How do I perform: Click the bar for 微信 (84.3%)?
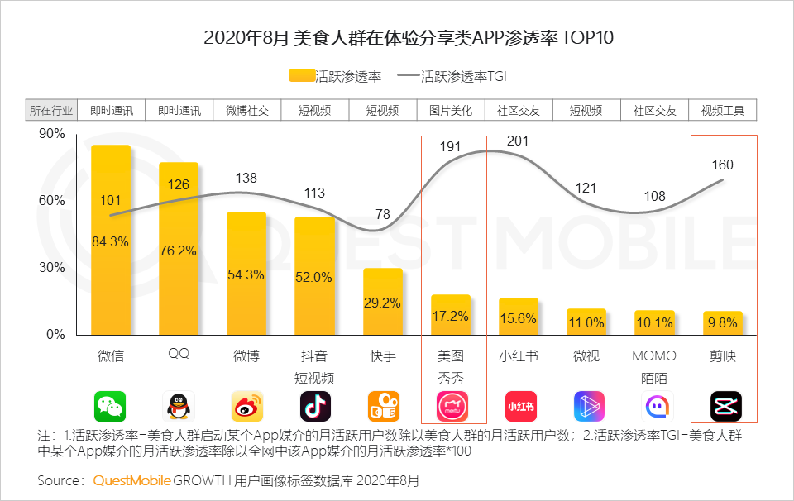click(111, 240)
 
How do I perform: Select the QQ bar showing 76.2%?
click(179, 248)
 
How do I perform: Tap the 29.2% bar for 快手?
click(383, 302)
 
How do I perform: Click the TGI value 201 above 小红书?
click(518, 141)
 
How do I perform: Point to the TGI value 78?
click(383, 214)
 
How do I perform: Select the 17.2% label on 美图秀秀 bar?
click(450, 316)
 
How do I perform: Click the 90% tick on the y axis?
click(51, 134)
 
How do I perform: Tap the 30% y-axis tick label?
click(51, 268)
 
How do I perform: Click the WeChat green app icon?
click(111, 406)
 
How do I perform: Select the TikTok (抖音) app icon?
click(315, 406)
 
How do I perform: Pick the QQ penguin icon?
click(179, 406)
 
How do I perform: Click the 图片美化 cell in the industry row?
click(451, 110)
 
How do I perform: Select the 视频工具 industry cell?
click(723, 110)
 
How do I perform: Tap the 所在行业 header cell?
click(51, 110)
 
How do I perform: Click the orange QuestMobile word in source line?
click(132, 480)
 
